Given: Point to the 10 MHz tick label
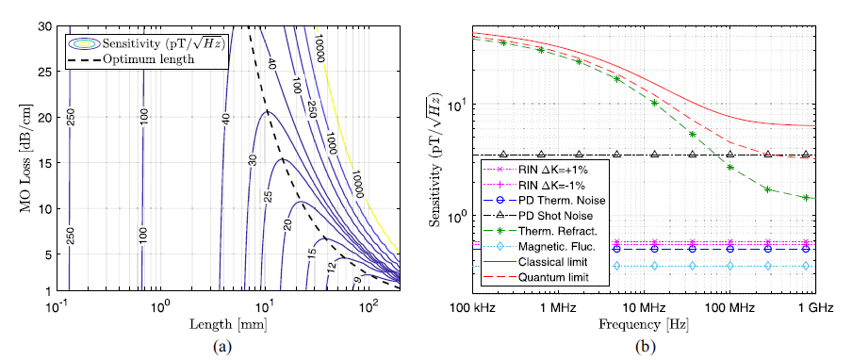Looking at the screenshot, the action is pos(645,308).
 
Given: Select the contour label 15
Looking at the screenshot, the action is pos(312,253).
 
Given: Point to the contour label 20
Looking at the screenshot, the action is pos(287,223).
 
